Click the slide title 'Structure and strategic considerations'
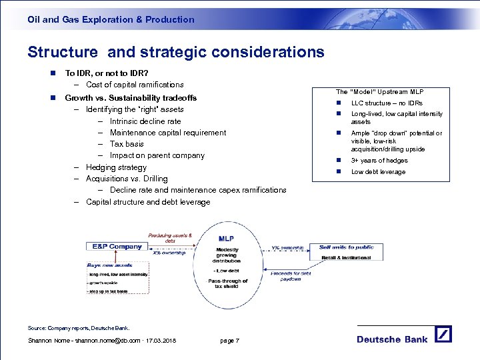[176, 52]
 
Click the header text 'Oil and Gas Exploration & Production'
[111, 19]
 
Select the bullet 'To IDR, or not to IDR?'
[107, 73]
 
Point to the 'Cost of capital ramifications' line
[135, 85]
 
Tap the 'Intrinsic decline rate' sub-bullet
[145, 121]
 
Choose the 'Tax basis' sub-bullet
[127, 144]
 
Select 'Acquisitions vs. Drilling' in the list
[127, 179]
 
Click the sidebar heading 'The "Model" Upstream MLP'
[379, 91]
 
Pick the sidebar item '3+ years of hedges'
[379, 161]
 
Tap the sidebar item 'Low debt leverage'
[378, 172]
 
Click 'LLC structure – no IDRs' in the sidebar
[387, 103]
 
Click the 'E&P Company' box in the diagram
[117, 247]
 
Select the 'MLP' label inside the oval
[227, 239]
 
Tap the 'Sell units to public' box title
[346, 247]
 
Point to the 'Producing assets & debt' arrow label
[169, 238]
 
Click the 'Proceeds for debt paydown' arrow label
[291, 276]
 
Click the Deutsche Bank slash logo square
[443, 335]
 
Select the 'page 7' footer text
[229, 341]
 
